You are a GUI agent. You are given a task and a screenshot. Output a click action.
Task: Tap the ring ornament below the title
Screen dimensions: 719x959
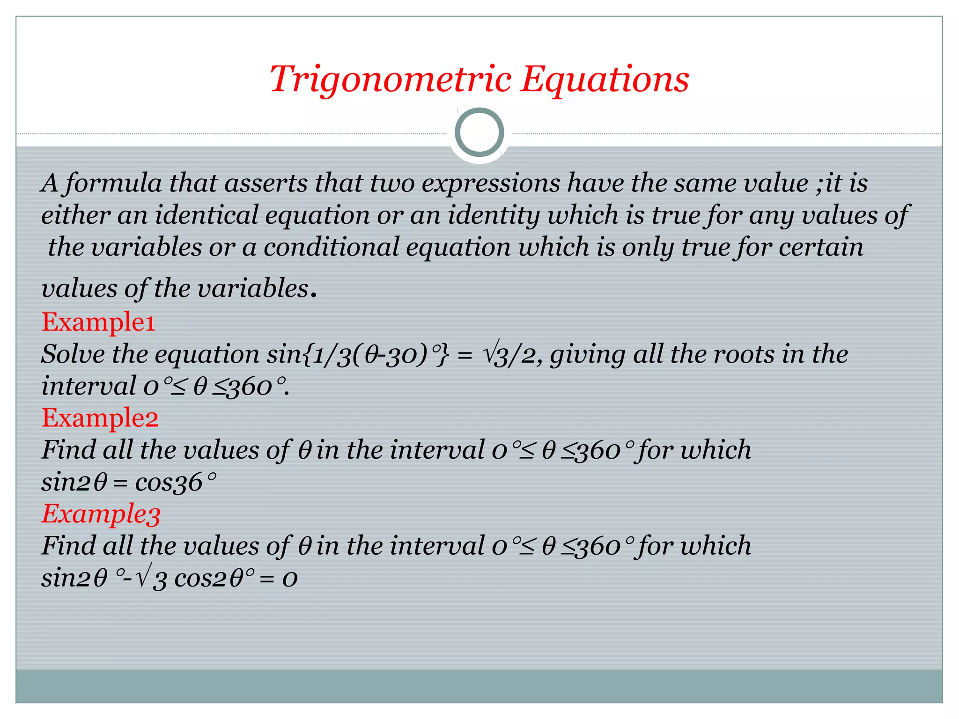[479, 132]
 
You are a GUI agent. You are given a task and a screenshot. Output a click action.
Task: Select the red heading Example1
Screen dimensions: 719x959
[98, 322]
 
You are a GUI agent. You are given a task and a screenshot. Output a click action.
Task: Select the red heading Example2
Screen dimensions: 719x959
[100, 418]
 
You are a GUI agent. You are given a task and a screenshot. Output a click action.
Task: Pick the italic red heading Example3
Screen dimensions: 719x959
[101, 514]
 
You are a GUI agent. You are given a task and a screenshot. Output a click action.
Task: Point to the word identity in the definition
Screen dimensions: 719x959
[494, 215]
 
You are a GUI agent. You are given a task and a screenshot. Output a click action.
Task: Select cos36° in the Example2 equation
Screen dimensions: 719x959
[176, 482]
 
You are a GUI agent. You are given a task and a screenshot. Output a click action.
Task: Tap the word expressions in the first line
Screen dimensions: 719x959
[491, 183]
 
